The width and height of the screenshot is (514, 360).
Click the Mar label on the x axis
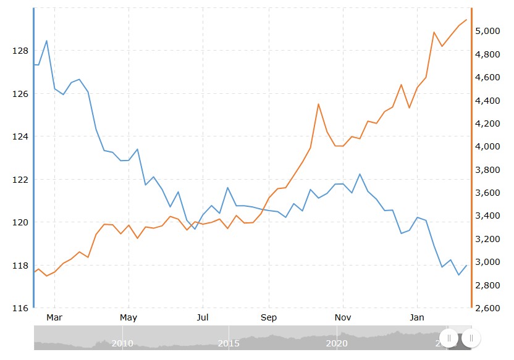(55, 318)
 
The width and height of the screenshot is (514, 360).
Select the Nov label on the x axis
(343, 318)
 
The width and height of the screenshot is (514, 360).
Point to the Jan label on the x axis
(418, 318)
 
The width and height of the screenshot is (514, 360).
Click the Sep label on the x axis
(269, 318)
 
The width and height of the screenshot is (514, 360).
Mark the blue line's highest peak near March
(47, 41)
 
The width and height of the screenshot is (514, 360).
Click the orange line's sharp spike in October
(318, 104)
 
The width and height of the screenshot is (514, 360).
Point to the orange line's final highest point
(466, 20)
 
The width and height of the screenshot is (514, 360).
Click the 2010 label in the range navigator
(123, 343)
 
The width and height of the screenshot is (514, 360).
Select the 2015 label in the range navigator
(229, 343)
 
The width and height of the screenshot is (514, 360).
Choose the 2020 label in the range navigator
(336, 343)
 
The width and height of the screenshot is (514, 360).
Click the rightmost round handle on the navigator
(471, 338)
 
